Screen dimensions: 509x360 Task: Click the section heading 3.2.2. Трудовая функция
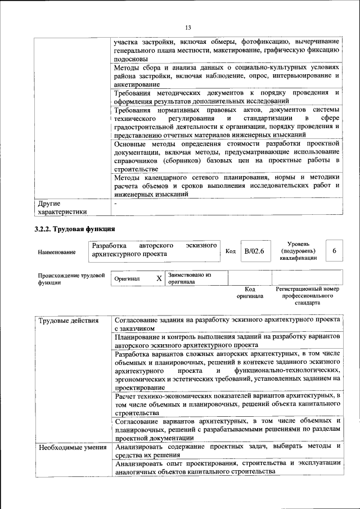pos(75,229)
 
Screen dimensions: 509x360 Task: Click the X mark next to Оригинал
pos(159,278)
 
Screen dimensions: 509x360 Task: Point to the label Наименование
pos(57,252)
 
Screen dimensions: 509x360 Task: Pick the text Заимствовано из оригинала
pos(189,278)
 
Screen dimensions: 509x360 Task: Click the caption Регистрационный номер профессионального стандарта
pos(307,295)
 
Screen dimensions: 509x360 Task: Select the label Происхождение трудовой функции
pos(71,279)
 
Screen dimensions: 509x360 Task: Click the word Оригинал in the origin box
pos(127,278)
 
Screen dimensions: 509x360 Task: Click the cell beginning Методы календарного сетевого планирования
pos(227,185)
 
